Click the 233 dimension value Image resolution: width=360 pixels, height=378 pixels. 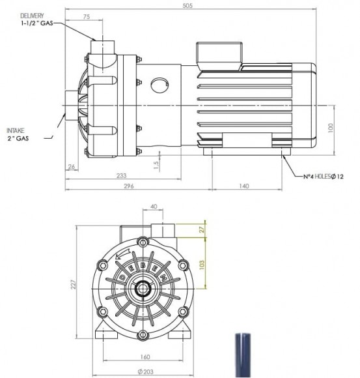(121, 176)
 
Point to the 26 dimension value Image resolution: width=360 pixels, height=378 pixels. (72, 167)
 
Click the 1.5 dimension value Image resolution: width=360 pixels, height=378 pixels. (157, 164)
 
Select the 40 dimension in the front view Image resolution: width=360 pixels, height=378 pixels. (153, 207)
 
